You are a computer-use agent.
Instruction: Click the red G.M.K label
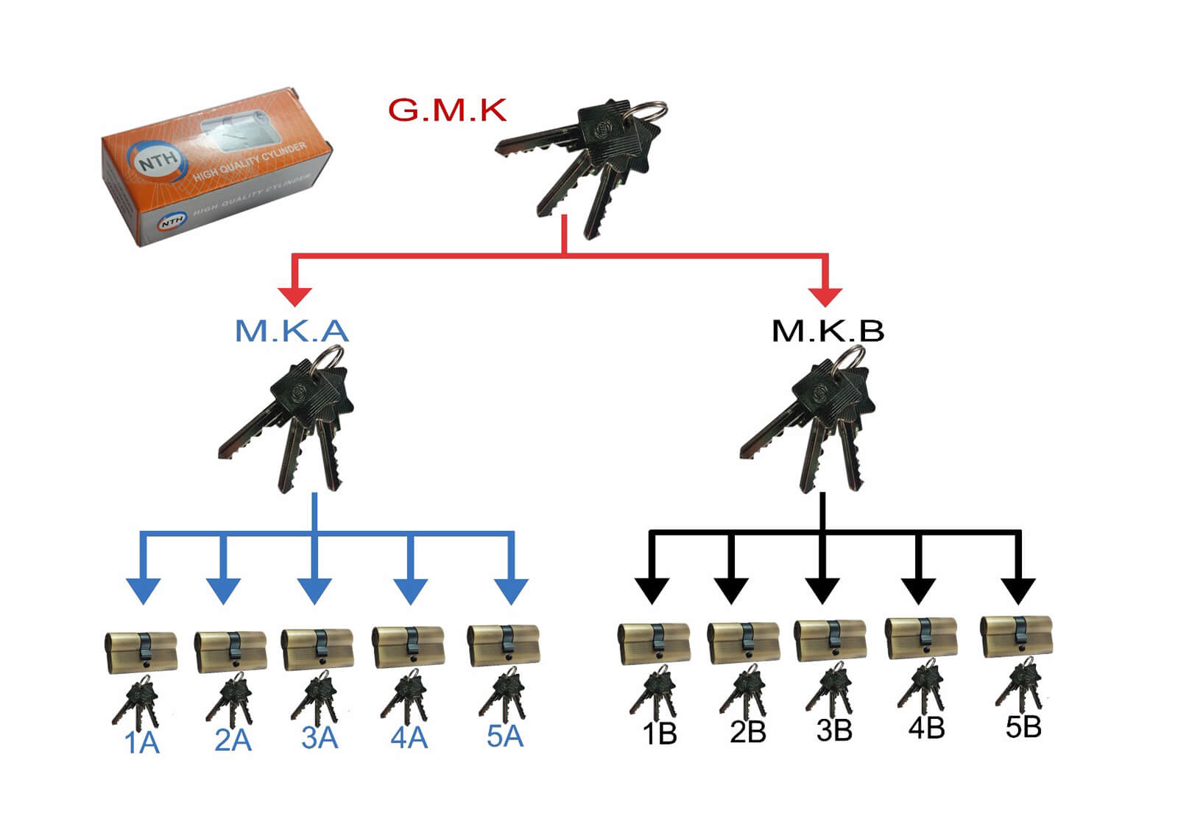click(x=447, y=110)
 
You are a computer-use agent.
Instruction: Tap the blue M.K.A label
click(x=292, y=331)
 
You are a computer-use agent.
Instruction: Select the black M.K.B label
click(x=828, y=331)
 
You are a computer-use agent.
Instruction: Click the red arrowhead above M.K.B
click(x=825, y=295)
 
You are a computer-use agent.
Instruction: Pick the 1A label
click(x=142, y=742)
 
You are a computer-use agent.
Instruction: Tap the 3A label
click(x=320, y=738)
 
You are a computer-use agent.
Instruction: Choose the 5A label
click(x=505, y=736)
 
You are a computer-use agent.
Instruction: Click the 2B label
click(x=748, y=733)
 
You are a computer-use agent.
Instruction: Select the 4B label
click(x=926, y=728)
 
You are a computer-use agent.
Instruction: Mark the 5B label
click(x=1023, y=727)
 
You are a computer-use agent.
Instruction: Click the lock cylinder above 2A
click(x=230, y=651)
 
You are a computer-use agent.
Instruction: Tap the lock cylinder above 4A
click(x=409, y=647)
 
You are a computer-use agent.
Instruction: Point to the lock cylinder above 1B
click(x=654, y=643)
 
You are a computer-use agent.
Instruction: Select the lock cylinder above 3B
click(x=830, y=640)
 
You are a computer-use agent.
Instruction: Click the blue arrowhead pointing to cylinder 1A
click(x=144, y=591)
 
